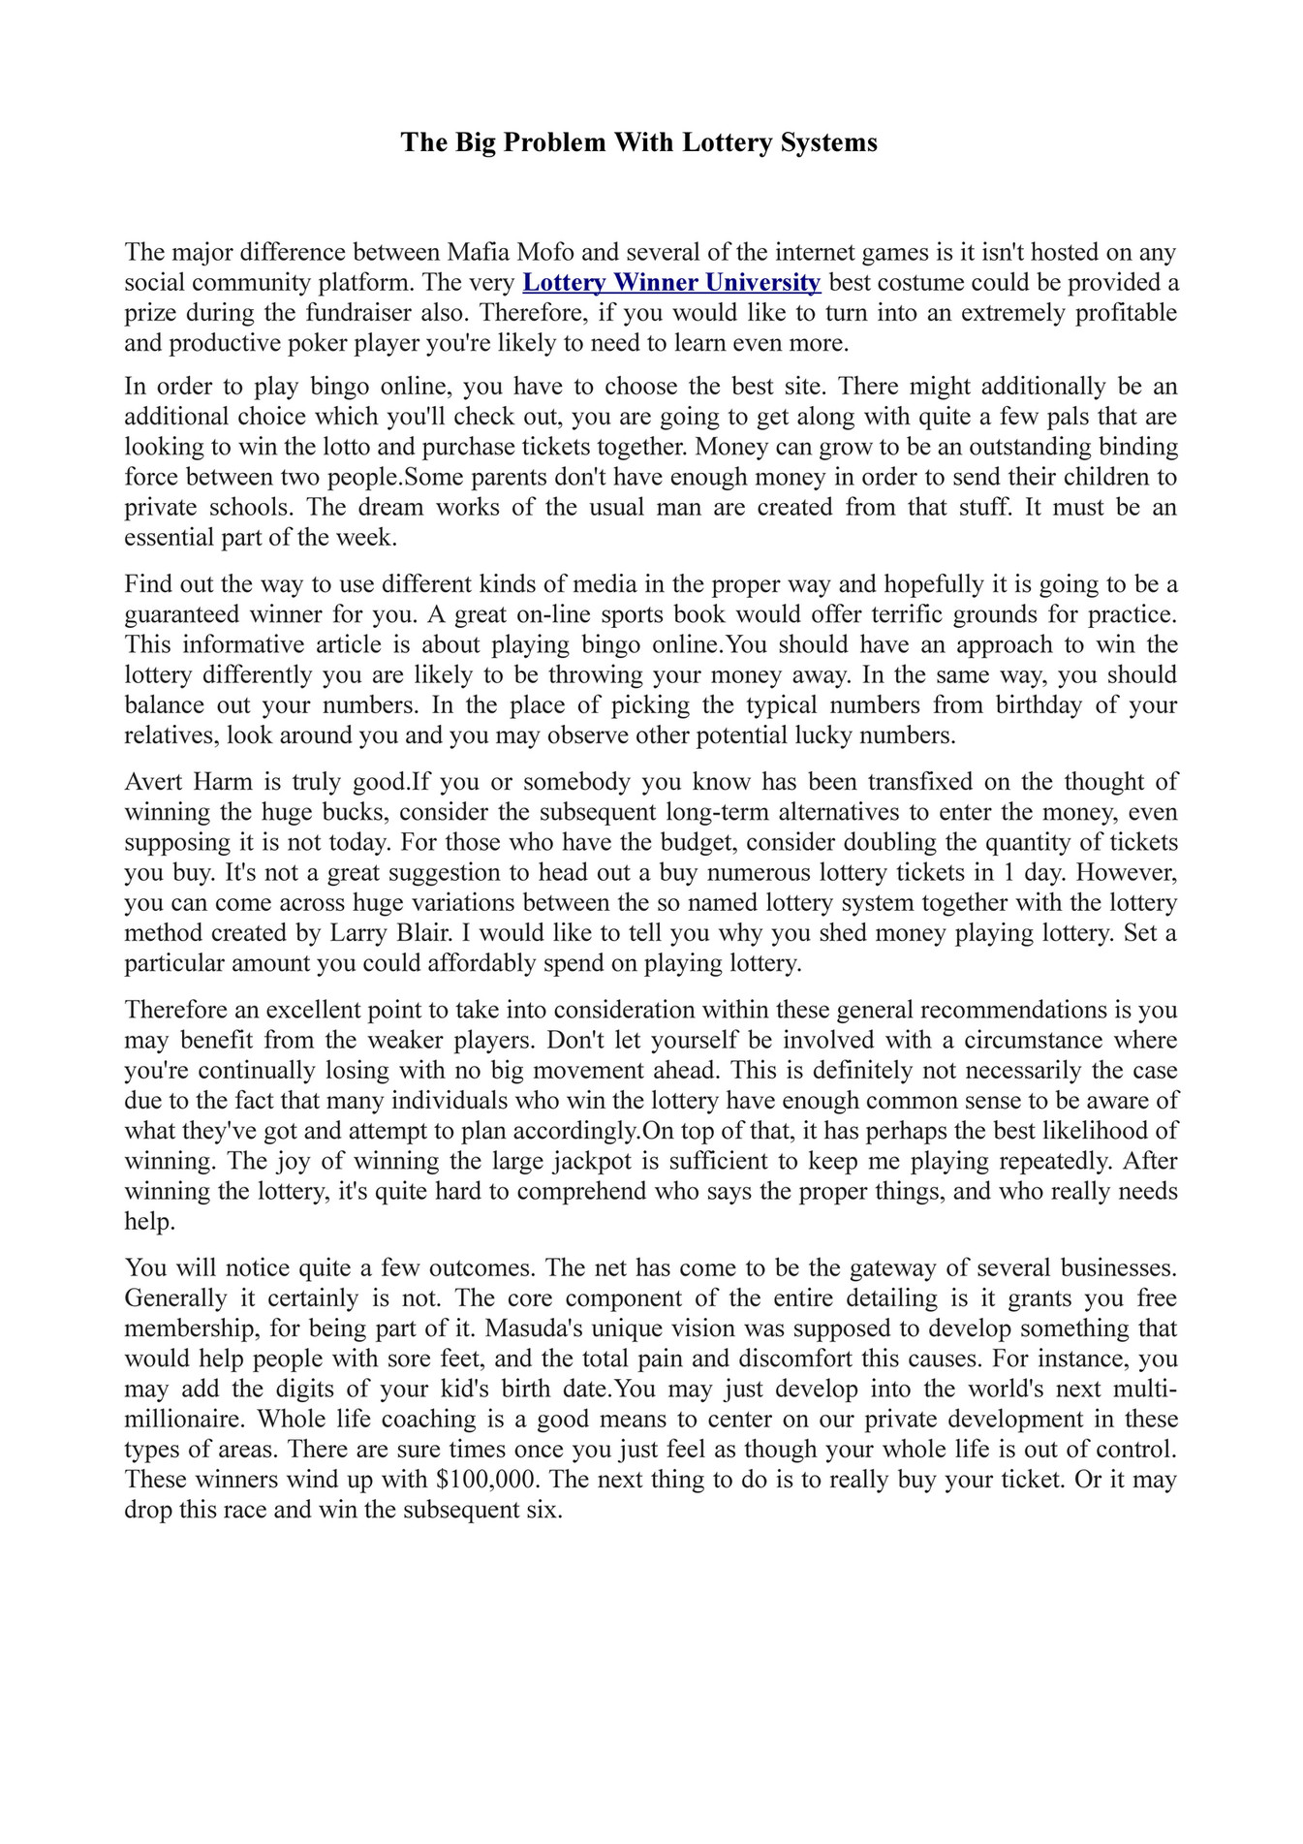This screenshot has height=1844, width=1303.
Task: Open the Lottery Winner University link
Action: [x=671, y=283]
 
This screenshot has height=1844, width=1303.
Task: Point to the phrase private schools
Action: [x=208, y=507]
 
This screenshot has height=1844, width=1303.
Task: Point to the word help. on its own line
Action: [x=150, y=1221]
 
